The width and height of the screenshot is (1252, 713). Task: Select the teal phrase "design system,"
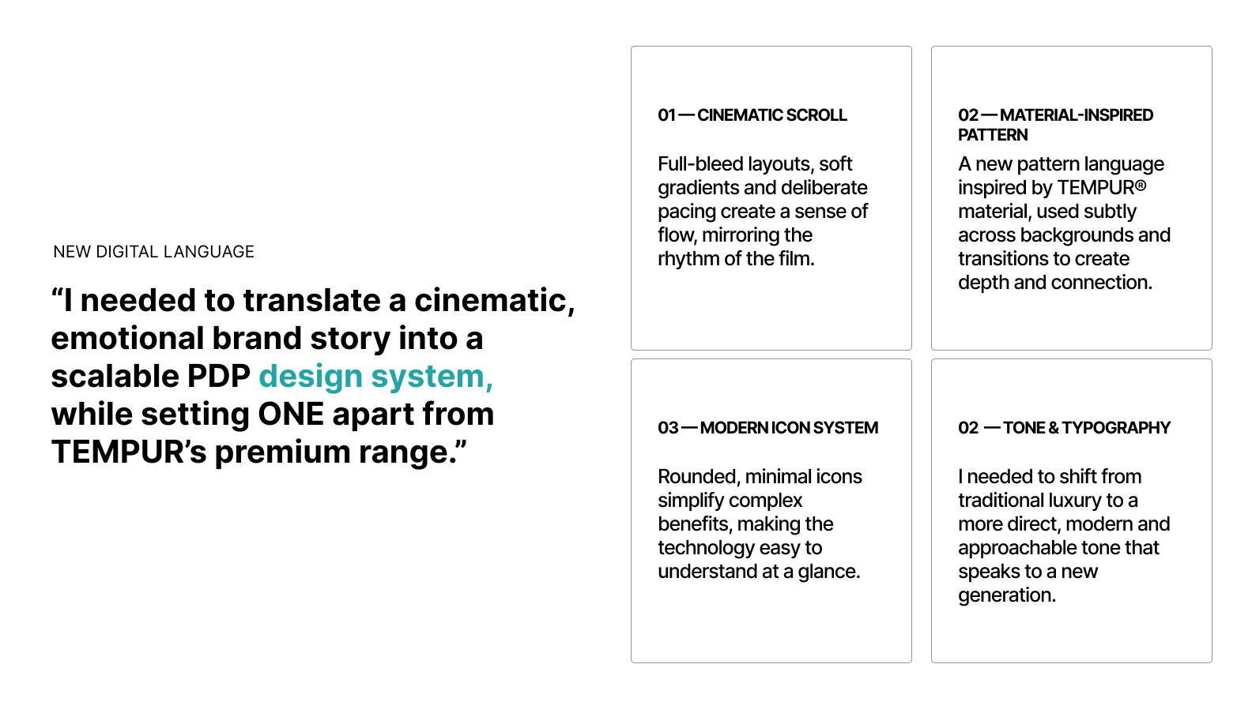[x=376, y=377]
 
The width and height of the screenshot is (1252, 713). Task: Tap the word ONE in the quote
[x=291, y=415]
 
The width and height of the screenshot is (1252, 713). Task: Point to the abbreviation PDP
[x=218, y=377]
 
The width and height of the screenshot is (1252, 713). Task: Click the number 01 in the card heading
[x=667, y=115]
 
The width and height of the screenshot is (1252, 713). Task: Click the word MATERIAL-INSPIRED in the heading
[x=1077, y=115]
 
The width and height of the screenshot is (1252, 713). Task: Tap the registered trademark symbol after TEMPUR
[x=1141, y=185]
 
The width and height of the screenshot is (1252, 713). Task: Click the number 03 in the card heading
[x=668, y=428]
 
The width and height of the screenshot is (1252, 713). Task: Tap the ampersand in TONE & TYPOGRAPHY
[x=1054, y=428]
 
